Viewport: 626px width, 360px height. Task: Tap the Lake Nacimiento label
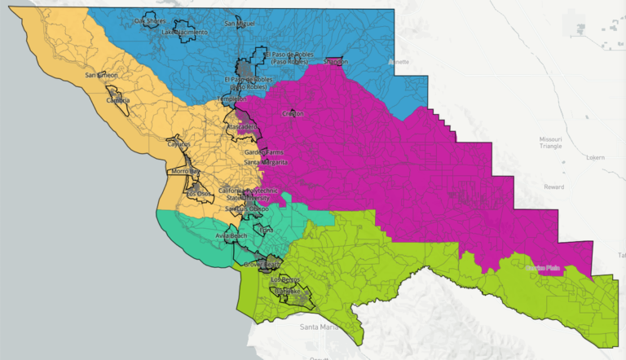pos(184,32)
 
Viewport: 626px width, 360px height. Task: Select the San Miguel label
pos(240,24)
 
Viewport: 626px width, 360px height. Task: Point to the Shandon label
pos(335,61)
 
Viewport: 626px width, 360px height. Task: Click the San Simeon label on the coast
pos(101,75)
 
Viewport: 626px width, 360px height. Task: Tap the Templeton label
pos(231,99)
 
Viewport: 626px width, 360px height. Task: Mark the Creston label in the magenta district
pos(293,114)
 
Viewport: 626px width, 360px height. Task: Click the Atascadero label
pos(241,127)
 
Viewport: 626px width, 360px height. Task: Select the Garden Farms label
pos(262,152)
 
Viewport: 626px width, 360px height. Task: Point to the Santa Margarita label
pos(266,163)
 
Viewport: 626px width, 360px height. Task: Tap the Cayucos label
pos(179,144)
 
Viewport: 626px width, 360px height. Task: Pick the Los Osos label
pos(198,193)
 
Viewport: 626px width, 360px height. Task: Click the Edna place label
pos(267,230)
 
